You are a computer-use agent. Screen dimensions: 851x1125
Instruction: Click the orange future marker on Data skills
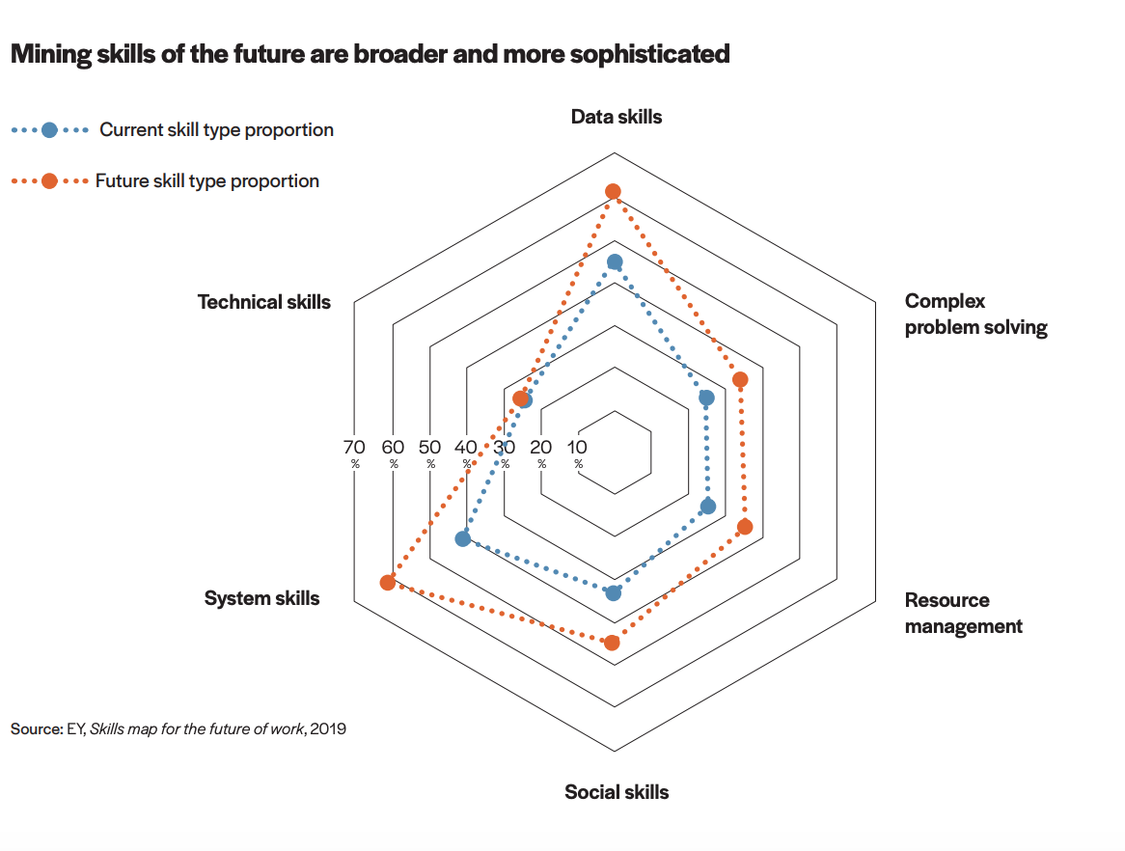coord(613,192)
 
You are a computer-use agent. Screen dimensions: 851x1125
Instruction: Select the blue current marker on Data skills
coord(615,262)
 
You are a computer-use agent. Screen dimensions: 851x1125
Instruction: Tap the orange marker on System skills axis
coord(388,582)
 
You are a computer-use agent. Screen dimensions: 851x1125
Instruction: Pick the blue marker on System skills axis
coord(463,538)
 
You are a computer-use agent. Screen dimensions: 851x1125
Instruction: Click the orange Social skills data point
coord(612,643)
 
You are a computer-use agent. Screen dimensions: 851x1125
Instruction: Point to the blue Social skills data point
coord(614,592)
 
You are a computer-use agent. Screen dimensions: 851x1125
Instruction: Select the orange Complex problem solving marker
coord(740,380)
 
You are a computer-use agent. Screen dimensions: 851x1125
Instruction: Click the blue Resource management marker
coord(707,507)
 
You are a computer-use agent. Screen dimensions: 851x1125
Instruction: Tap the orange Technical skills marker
coord(520,399)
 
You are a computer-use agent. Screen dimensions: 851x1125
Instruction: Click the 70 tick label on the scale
coord(354,447)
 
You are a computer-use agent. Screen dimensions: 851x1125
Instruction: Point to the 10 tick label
coord(577,447)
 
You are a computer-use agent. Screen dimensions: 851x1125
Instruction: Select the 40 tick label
coord(466,447)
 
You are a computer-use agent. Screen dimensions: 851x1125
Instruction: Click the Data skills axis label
coord(617,117)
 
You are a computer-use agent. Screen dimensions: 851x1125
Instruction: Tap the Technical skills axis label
coord(263,302)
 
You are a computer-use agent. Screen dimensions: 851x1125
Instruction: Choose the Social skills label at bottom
coord(617,792)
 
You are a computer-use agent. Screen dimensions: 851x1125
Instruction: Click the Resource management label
coord(962,613)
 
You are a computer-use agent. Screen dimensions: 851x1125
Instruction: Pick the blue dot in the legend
coord(50,129)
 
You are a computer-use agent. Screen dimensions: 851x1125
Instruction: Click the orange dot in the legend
coord(50,180)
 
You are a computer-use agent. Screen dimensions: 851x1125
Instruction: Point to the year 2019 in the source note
coord(328,728)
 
